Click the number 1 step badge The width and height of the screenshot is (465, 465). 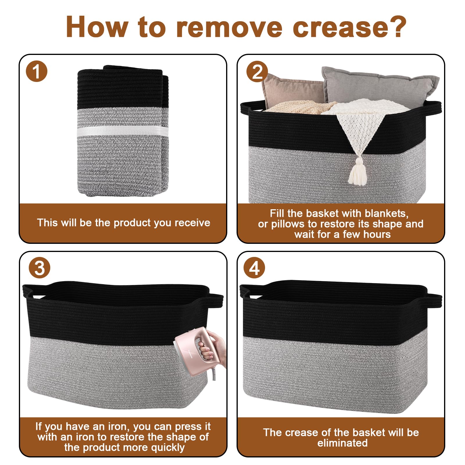click(36, 71)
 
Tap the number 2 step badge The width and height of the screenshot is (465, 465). click(257, 71)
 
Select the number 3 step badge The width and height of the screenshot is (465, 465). click(40, 268)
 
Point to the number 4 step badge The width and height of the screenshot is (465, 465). click(254, 268)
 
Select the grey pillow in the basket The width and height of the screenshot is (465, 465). click(379, 86)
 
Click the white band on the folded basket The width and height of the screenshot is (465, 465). click(123, 131)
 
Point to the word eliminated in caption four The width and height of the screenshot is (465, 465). click(342, 443)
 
